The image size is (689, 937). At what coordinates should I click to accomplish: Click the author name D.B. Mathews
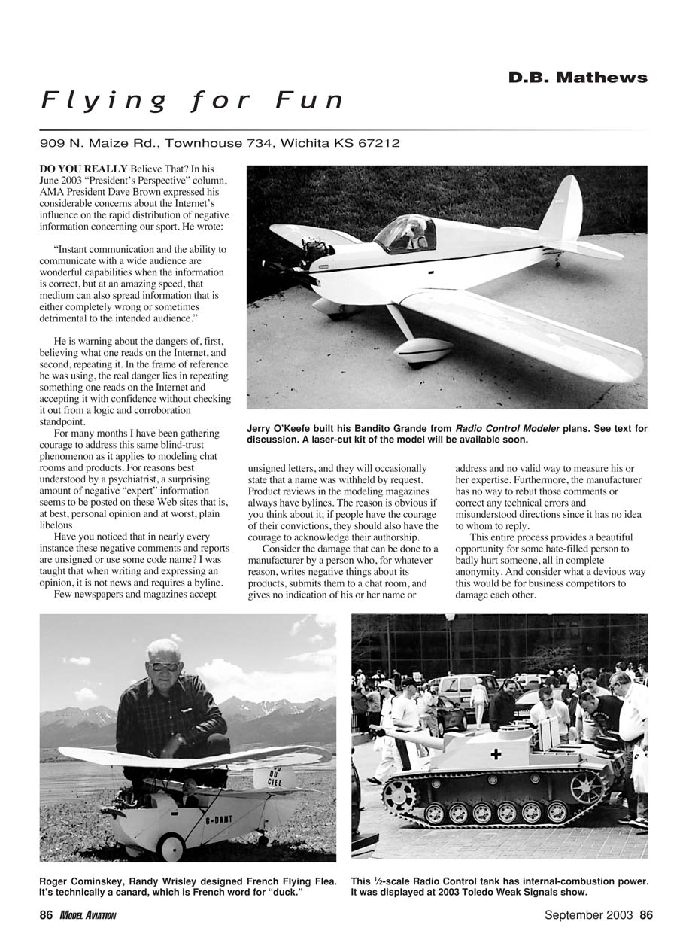[577, 78]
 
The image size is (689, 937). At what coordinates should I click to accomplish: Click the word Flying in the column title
[104, 101]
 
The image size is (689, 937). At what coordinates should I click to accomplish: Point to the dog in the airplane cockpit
[413, 232]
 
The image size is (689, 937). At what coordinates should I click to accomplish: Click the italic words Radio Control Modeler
[507, 429]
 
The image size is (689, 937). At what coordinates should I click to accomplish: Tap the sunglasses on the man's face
[164, 666]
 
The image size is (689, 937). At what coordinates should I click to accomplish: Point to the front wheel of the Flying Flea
[171, 848]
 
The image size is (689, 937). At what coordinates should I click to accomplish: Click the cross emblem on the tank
[496, 753]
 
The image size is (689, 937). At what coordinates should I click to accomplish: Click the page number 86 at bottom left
[46, 915]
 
